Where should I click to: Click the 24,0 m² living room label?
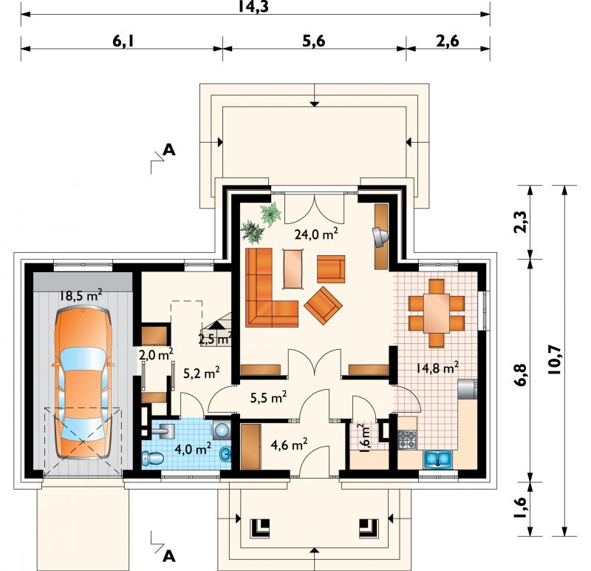pos(316,234)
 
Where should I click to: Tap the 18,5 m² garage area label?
pos(81,295)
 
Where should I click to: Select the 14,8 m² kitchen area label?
pos(437,367)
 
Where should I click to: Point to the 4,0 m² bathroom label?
pos(193,449)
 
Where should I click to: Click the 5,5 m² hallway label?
pos(268,396)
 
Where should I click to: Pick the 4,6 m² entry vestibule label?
pos(289,445)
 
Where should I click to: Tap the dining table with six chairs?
pos(437,313)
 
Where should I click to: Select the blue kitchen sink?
pos(437,458)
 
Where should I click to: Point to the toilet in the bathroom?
pos(153,458)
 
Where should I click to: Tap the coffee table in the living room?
pos(293,269)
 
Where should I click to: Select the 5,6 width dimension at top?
pos(313,41)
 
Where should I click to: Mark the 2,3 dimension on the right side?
pos(521,223)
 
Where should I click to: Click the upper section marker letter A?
pos(169,150)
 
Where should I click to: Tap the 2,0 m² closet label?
pos(156,354)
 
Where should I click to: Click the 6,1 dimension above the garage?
pos(123,41)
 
